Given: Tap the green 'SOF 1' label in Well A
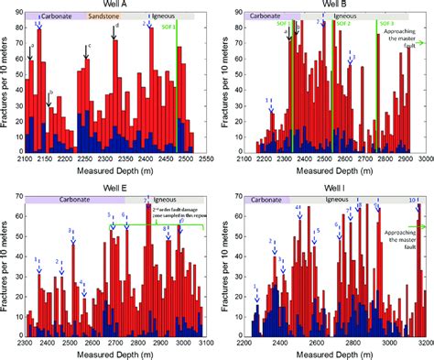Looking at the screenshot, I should pyautogui.click(x=167, y=27).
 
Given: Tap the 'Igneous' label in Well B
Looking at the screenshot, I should pyautogui.click(x=344, y=16).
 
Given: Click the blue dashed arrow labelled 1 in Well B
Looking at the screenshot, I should pyautogui.click(x=270, y=111).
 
